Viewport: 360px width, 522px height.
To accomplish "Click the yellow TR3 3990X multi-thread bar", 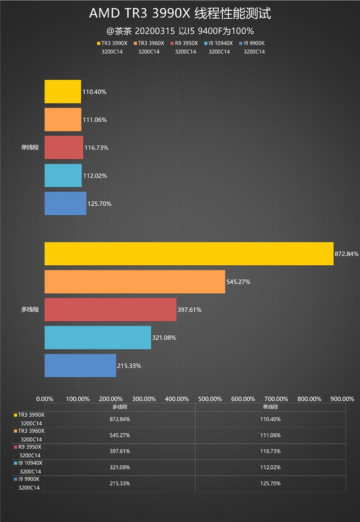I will [x=189, y=254].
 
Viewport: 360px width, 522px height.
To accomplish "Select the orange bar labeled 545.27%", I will [x=135, y=281].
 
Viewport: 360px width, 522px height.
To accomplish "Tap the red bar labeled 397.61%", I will [x=110, y=309].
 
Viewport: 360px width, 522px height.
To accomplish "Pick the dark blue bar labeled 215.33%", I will [x=80, y=365].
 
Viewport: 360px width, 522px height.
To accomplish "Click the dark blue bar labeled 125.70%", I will [x=65, y=203].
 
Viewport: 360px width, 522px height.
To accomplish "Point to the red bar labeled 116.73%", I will [x=63, y=147].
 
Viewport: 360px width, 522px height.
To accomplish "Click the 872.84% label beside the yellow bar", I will [x=346, y=254].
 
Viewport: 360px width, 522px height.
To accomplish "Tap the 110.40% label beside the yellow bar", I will [x=94, y=92].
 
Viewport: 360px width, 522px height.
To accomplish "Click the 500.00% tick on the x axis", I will [x=210, y=399].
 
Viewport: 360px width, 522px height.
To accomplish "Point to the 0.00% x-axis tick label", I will [x=45, y=399].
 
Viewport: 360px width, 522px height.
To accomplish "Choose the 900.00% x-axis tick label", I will [x=342, y=399].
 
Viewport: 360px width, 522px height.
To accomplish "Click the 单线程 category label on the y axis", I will [x=30, y=147].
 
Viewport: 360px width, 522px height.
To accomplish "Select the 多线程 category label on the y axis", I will [x=30, y=309].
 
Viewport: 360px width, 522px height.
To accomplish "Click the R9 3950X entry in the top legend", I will [x=185, y=43].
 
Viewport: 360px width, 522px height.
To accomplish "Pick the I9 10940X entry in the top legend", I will [x=220, y=43].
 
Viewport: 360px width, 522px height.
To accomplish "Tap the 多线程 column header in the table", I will [x=119, y=407].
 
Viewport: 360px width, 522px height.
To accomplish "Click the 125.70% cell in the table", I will [x=270, y=483].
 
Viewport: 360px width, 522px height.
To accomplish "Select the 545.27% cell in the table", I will [x=119, y=435].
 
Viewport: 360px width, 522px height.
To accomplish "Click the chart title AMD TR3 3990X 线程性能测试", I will [x=180, y=14].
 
